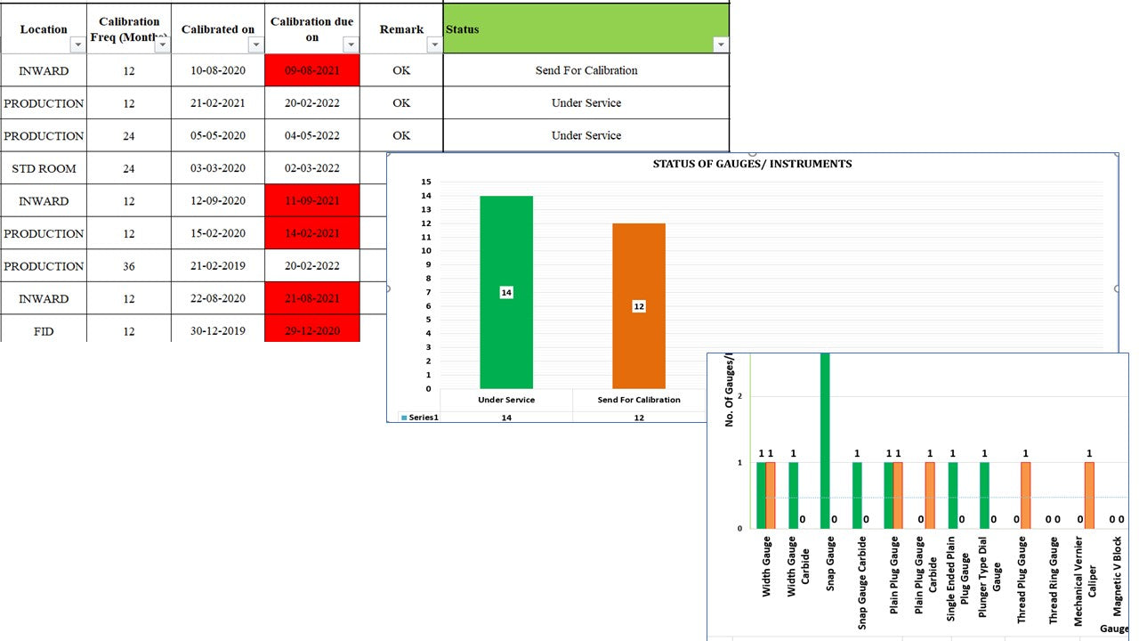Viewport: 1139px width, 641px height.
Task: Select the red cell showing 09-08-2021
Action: coord(312,70)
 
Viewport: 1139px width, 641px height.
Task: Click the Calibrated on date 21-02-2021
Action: coord(218,103)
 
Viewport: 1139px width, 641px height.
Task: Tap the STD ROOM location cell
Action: coord(44,168)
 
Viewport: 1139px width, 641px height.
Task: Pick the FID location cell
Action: coord(44,331)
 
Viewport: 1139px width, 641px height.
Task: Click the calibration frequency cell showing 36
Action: coord(129,266)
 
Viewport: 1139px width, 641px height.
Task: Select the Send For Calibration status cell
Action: coord(586,70)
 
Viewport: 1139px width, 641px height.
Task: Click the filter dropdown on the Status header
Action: coord(721,45)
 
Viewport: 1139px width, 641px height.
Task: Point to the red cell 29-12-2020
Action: coord(312,331)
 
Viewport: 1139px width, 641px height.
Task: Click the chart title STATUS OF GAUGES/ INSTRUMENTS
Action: coord(752,164)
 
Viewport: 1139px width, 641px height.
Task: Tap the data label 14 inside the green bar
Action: coord(506,293)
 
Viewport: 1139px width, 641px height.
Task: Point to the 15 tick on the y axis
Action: coord(427,182)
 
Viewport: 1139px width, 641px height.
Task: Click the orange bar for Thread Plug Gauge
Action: coord(1025,495)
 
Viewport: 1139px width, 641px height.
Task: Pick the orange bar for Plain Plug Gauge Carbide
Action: coord(930,495)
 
